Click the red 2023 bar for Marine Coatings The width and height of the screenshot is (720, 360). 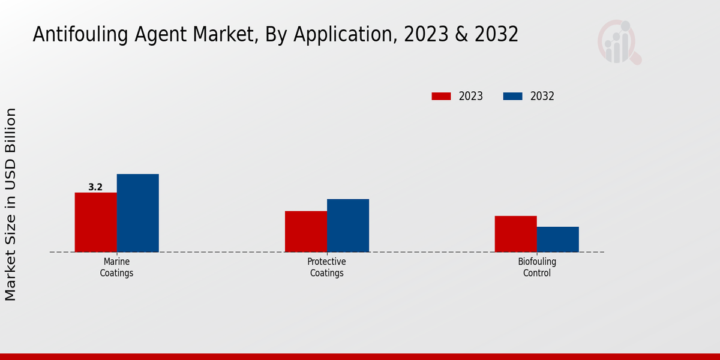tap(95, 222)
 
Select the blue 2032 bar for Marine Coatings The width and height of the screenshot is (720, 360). tap(137, 213)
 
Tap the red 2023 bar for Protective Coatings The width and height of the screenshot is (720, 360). tap(305, 232)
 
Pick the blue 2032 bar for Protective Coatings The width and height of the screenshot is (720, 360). tap(347, 226)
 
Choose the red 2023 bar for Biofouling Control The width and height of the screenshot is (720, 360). tap(515, 234)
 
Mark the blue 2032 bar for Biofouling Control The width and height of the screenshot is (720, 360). tap(557, 239)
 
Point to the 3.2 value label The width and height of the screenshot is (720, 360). tap(95, 187)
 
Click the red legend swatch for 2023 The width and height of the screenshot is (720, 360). tap(441, 96)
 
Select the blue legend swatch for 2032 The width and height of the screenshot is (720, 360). tap(512, 96)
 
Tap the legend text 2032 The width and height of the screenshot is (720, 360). tap(542, 96)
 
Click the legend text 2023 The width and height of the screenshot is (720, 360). tap(470, 96)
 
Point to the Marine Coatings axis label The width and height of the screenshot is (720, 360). tap(116, 268)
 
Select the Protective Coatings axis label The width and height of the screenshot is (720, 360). tap(326, 268)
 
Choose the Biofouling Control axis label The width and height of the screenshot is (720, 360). tap(536, 268)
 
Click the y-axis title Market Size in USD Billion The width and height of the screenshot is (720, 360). tap(11, 204)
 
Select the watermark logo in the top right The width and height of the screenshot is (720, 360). tap(619, 42)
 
